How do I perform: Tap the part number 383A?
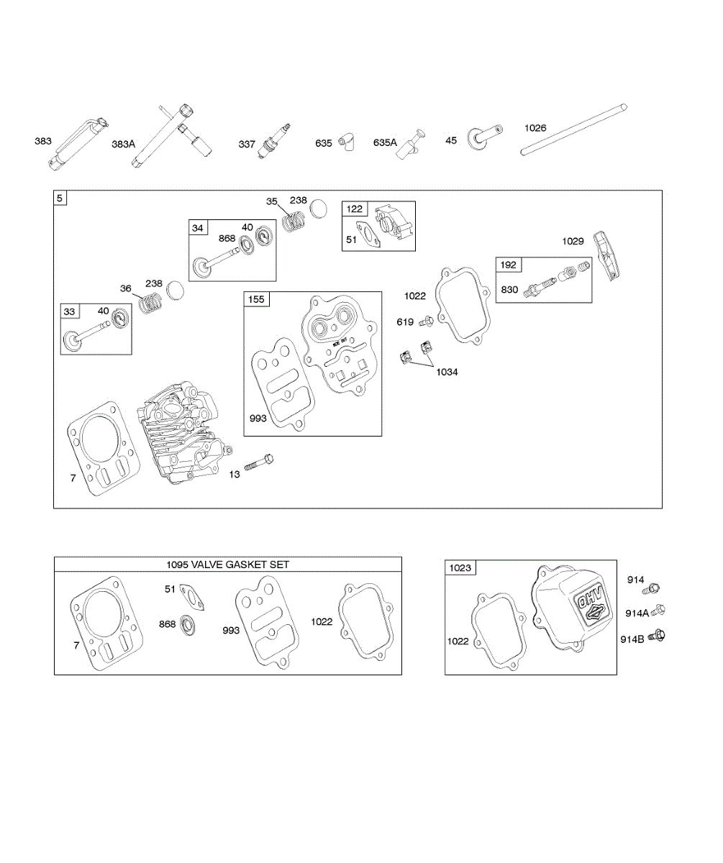(123, 145)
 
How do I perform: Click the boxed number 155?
(256, 299)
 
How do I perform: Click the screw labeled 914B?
(656, 635)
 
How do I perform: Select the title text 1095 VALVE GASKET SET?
(227, 565)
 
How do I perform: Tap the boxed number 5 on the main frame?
(60, 198)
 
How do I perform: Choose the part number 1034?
(445, 372)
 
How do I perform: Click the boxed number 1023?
(460, 567)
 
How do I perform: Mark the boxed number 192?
(508, 265)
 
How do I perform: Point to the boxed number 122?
(355, 209)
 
